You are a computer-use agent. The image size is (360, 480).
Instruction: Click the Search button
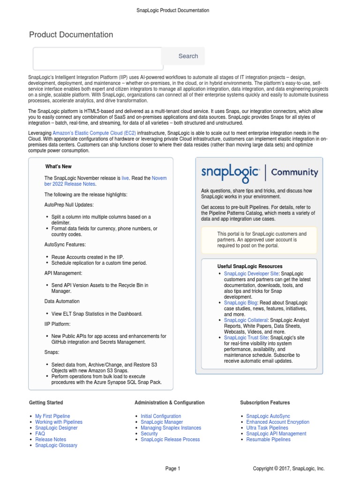pos(188,56)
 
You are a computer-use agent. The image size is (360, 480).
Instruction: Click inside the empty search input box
pos(97,59)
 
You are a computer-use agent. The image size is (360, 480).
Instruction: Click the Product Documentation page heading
pos(71,35)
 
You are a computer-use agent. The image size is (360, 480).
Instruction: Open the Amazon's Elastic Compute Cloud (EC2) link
pos(94,133)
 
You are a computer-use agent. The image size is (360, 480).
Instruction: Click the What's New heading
pos(58,166)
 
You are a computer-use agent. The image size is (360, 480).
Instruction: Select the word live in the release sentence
pos(125,178)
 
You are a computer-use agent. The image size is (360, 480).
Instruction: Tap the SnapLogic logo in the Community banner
pos(230,172)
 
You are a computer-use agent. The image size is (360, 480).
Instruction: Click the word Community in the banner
pos(294,172)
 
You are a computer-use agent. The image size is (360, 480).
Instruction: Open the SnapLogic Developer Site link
pos(251,273)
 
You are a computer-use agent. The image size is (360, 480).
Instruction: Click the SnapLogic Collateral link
pos(246,320)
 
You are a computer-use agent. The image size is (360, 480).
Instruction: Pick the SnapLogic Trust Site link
pos(246,337)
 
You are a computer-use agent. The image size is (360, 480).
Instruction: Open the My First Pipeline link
pos(52,416)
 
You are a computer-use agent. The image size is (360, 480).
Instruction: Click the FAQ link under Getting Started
pos(40,434)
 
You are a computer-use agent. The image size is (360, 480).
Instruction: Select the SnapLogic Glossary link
pos(56,445)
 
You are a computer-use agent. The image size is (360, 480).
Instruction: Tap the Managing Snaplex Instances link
pos(171,428)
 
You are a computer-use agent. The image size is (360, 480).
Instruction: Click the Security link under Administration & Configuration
pos(149,434)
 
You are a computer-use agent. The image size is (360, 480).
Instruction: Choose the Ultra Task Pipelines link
pos(267,428)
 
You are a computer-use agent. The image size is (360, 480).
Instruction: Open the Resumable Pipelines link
pos(268,440)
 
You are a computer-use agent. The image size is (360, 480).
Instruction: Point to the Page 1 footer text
pos(172,468)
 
